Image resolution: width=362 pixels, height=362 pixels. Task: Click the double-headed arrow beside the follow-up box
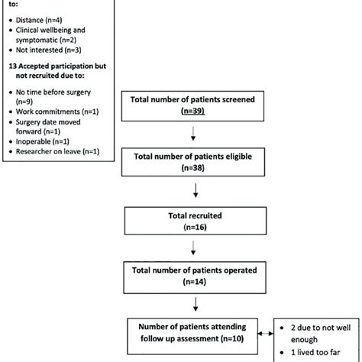click(271, 334)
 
